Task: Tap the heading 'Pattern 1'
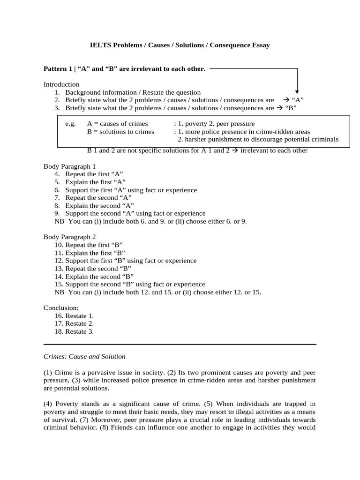(59, 69)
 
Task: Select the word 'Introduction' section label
(61, 84)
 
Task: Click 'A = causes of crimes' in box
(117, 124)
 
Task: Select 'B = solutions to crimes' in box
(120, 132)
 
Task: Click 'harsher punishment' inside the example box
(208, 140)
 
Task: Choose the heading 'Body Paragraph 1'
(69, 166)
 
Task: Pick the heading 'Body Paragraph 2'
(69, 237)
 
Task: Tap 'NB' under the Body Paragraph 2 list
(59, 292)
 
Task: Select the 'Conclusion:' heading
(61, 308)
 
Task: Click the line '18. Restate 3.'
(74, 331)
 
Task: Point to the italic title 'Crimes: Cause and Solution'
(84, 356)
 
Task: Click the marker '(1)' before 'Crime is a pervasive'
(48, 372)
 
